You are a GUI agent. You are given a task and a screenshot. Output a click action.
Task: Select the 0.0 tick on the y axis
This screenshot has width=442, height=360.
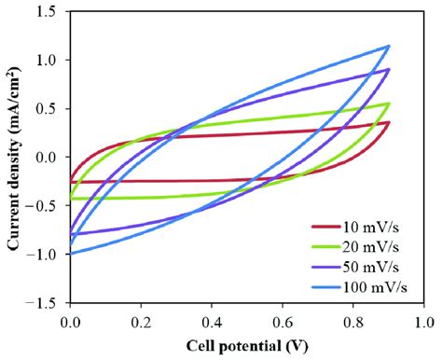(x=48, y=157)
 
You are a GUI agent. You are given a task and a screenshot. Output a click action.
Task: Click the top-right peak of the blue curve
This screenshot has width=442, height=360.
(x=388, y=46)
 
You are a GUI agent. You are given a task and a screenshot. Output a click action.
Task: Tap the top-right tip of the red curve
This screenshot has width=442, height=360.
(x=388, y=122)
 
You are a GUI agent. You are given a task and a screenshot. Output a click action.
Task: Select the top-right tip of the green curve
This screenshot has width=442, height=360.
(x=388, y=104)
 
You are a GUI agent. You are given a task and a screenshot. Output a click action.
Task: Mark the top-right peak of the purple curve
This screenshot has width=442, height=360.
(x=388, y=69)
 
